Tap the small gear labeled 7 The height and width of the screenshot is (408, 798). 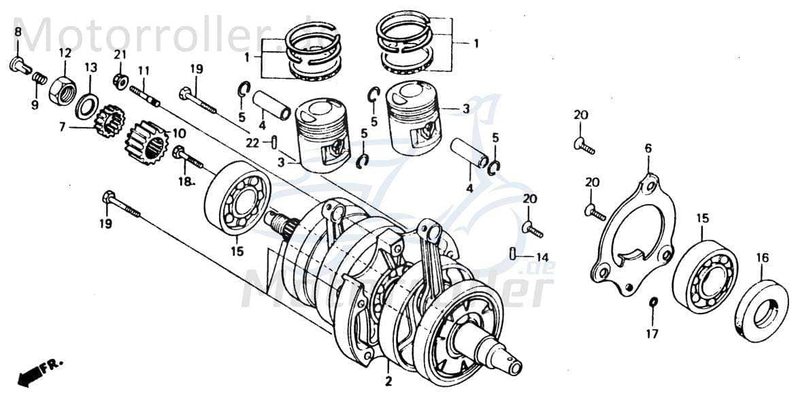click(109, 121)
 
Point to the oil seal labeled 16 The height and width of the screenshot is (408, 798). click(761, 311)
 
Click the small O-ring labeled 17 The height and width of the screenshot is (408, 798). click(653, 302)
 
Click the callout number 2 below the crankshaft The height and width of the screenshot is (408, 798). click(388, 381)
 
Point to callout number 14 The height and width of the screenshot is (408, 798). click(542, 257)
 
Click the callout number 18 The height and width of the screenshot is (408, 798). click(183, 182)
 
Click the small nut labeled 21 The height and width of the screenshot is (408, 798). click(121, 82)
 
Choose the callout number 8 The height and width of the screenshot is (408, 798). click(18, 32)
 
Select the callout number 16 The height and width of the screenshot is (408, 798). click(762, 258)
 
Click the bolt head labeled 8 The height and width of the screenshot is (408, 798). click(18, 65)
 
